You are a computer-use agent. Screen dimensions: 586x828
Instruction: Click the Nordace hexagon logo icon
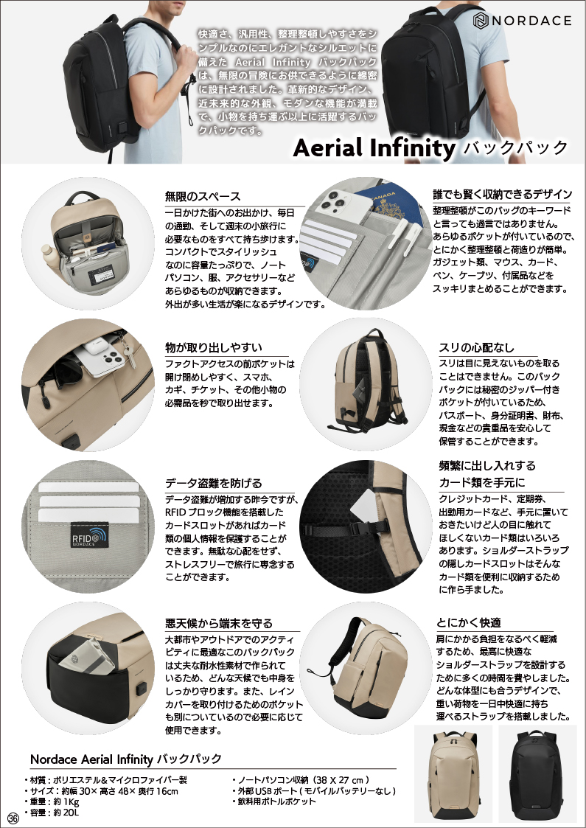point(481,21)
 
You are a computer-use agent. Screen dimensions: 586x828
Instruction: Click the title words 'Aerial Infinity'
point(374,148)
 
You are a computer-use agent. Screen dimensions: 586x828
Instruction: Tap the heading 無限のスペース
point(203,196)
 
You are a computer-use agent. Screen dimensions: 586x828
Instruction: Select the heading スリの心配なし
point(476,347)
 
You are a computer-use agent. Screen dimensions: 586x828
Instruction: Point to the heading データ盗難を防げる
point(213,483)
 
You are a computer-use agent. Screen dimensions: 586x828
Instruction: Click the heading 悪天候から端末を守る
point(219,623)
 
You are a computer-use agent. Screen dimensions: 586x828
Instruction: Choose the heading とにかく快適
point(468,622)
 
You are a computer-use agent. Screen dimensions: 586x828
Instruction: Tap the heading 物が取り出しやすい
point(213,347)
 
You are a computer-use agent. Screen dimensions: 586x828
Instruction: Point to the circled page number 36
point(13,818)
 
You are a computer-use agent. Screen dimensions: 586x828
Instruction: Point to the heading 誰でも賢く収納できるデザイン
point(502,195)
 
